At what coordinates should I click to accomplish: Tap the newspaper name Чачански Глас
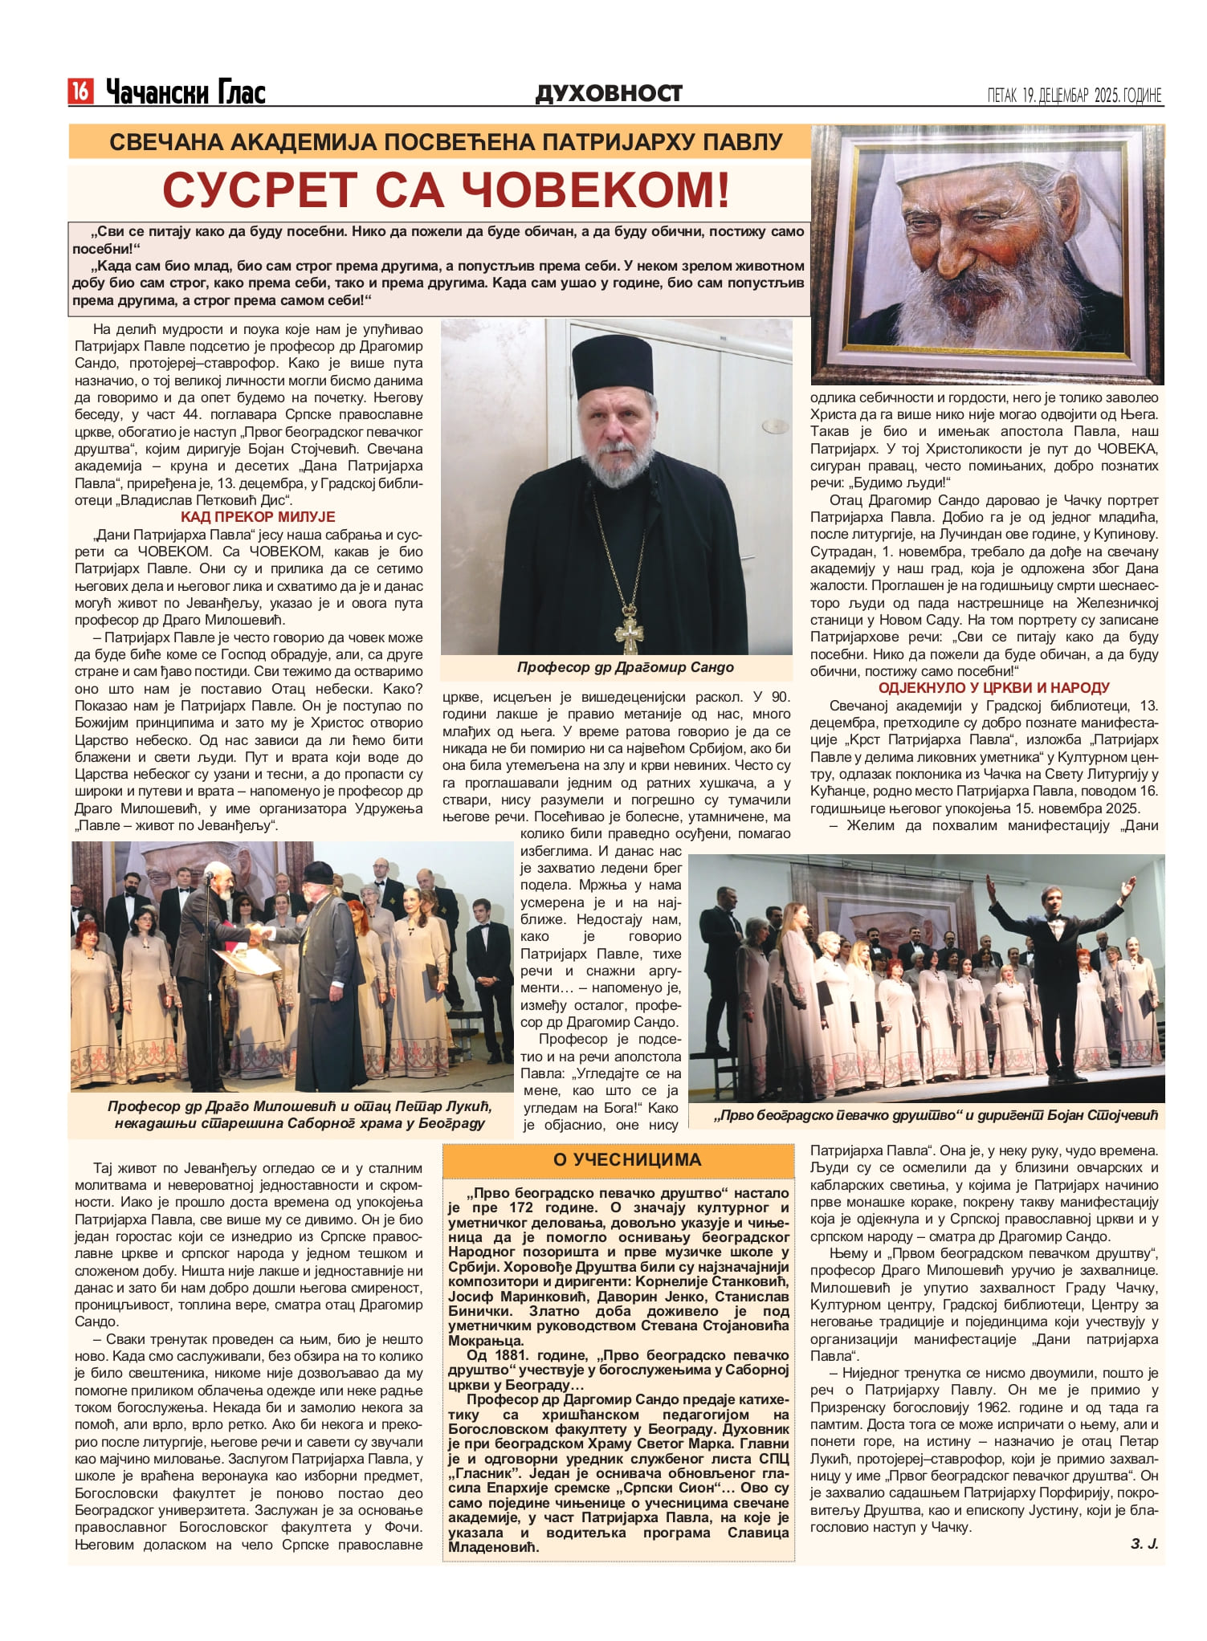[186, 92]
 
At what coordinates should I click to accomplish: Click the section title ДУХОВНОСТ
[609, 93]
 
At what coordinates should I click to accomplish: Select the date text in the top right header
[1074, 96]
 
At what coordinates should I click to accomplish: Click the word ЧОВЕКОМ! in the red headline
[589, 190]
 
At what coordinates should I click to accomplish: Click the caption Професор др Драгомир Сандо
[625, 667]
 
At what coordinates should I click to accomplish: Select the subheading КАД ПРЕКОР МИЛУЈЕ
[258, 517]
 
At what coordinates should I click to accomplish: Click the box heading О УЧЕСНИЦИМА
[616, 1159]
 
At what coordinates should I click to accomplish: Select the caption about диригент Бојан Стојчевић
[936, 1115]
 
